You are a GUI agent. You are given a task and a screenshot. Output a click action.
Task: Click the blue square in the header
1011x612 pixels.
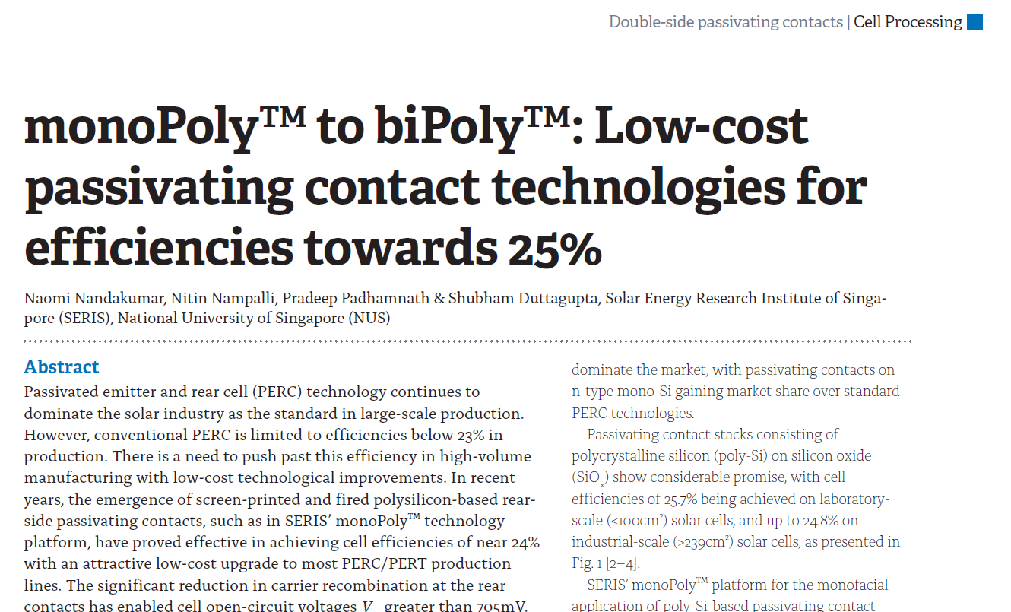pyautogui.click(x=975, y=22)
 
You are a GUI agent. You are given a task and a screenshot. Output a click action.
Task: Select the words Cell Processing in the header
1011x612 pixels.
pyautogui.click(x=908, y=22)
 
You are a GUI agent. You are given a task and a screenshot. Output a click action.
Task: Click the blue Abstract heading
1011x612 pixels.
pyautogui.click(x=62, y=367)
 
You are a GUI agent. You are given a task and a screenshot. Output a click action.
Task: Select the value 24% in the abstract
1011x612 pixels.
pyautogui.click(x=524, y=543)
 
